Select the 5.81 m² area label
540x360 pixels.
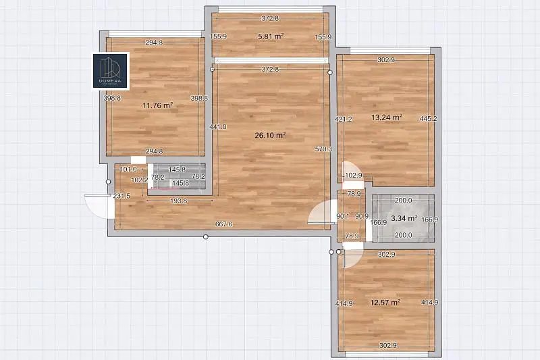tap(270, 36)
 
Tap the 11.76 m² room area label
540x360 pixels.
tap(158, 105)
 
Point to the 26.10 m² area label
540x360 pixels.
tap(270, 135)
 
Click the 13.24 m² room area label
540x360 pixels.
tap(387, 117)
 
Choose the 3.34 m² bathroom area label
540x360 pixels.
tap(404, 218)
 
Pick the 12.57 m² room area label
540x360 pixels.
tap(385, 302)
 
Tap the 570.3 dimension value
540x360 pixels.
tap(323, 149)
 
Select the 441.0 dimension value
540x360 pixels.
tap(217, 126)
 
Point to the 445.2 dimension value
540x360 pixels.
tap(428, 119)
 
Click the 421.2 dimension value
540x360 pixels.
tap(344, 120)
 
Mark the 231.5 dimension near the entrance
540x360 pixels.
tap(122, 196)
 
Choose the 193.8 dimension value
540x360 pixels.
tap(180, 201)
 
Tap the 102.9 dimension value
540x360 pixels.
tap(354, 176)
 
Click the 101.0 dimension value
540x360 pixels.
tap(128, 170)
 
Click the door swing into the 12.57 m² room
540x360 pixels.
tap(353, 256)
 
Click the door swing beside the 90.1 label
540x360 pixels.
tap(320, 215)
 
